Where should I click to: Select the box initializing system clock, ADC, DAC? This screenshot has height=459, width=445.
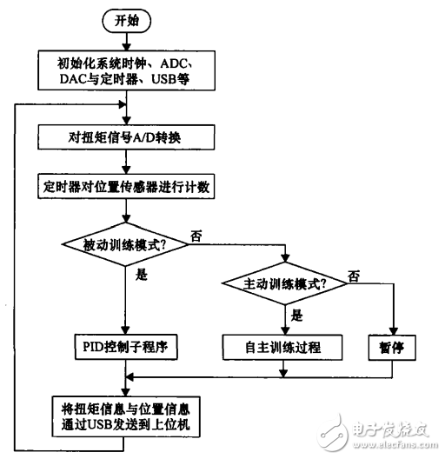128,70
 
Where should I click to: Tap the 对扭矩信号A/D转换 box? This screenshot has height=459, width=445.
128,137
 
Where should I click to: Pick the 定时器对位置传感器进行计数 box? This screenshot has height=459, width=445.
128,186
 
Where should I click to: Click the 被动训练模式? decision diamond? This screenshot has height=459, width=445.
128,246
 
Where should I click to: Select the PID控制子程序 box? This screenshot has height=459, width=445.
128,347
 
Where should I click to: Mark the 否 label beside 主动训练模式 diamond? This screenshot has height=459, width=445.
354,276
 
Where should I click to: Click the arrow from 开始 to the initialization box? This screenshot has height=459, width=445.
128,40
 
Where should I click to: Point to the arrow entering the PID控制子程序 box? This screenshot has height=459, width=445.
128,322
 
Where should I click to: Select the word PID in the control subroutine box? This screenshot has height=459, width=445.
91,347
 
